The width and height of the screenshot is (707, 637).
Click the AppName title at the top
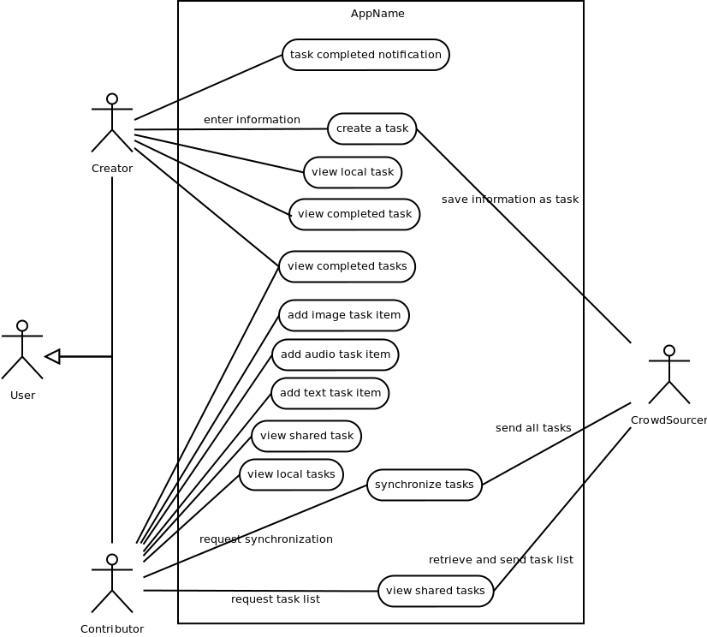pyautogui.click(x=377, y=14)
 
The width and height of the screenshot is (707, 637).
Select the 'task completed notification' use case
pyautogui.click(x=365, y=55)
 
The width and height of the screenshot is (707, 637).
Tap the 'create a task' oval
pyautogui.click(x=371, y=128)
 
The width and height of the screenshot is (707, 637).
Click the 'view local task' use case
pyautogui.click(x=352, y=172)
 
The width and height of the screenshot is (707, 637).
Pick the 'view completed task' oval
pyautogui.click(x=354, y=214)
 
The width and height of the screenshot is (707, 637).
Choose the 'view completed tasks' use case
pyautogui.click(x=347, y=266)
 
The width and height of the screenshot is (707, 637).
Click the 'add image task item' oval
pyautogui.click(x=343, y=315)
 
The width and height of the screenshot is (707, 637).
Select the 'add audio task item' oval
pyautogui.click(x=335, y=354)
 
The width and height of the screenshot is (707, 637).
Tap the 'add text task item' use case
pyautogui.click(x=330, y=393)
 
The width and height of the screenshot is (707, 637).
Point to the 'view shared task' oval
pyautogui.click(x=306, y=436)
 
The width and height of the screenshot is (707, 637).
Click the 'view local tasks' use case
pyautogui.click(x=291, y=474)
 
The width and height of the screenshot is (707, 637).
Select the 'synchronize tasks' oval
pyautogui.click(x=424, y=485)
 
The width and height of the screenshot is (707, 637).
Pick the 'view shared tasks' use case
pyautogui.click(x=435, y=591)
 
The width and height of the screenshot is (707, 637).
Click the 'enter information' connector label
pyautogui.click(x=252, y=120)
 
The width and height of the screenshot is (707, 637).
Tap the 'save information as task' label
pyautogui.click(x=510, y=199)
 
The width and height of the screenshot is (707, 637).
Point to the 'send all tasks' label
pyautogui.click(x=533, y=428)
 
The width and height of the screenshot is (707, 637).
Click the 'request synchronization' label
pyautogui.click(x=265, y=539)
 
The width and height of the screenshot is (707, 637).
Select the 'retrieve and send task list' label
pyautogui.click(x=501, y=560)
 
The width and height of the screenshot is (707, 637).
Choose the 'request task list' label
pyautogui.click(x=275, y=599)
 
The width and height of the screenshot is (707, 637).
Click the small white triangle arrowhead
pyautogui.click(x=53, y=356)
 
